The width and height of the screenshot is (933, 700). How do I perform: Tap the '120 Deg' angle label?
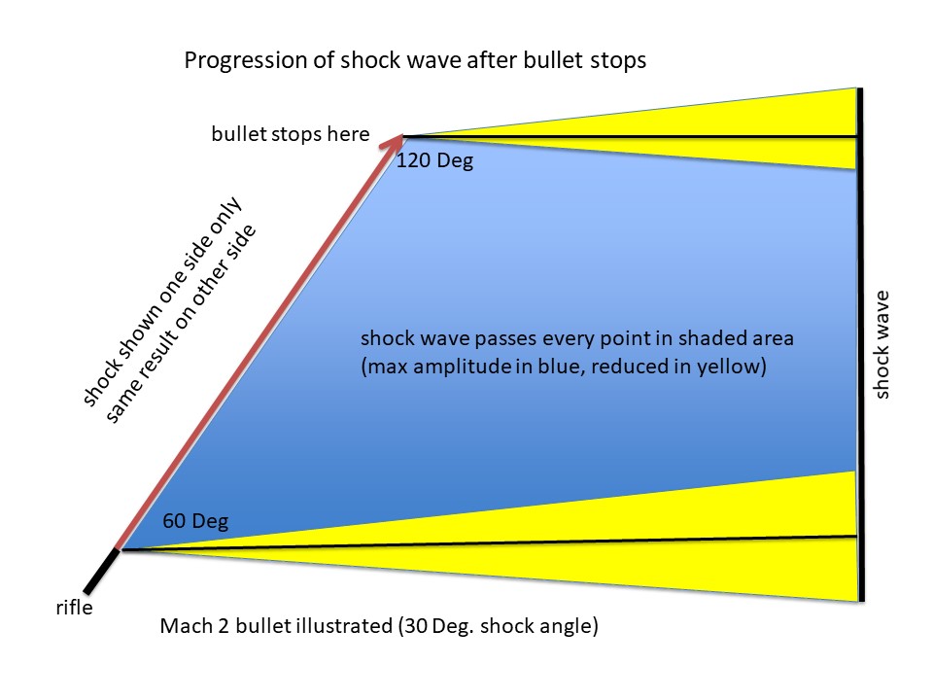435,160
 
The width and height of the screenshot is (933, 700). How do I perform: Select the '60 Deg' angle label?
195,521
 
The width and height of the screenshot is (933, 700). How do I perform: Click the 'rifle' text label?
75,608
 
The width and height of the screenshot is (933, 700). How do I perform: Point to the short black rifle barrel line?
101,571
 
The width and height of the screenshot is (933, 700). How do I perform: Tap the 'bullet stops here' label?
291,134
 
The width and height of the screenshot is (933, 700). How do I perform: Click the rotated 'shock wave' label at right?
881,344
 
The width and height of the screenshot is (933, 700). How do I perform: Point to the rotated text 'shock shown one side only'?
161,301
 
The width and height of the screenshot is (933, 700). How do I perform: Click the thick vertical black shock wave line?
860,344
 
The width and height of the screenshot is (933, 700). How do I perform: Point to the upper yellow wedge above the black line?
743,116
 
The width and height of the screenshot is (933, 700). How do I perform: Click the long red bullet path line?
259,343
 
